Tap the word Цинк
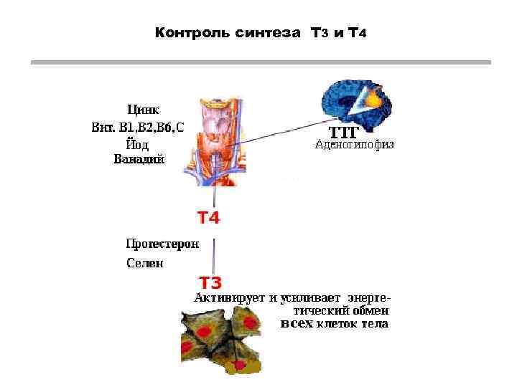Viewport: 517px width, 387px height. point(143,110)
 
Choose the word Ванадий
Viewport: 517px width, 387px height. point(139,159)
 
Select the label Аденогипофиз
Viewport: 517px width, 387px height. point(355,145)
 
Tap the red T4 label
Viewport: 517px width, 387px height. point(208,217)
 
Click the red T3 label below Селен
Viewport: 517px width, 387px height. point(210,282)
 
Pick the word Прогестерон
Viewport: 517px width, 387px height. point(162,244)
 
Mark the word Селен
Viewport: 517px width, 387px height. point(145,263)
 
